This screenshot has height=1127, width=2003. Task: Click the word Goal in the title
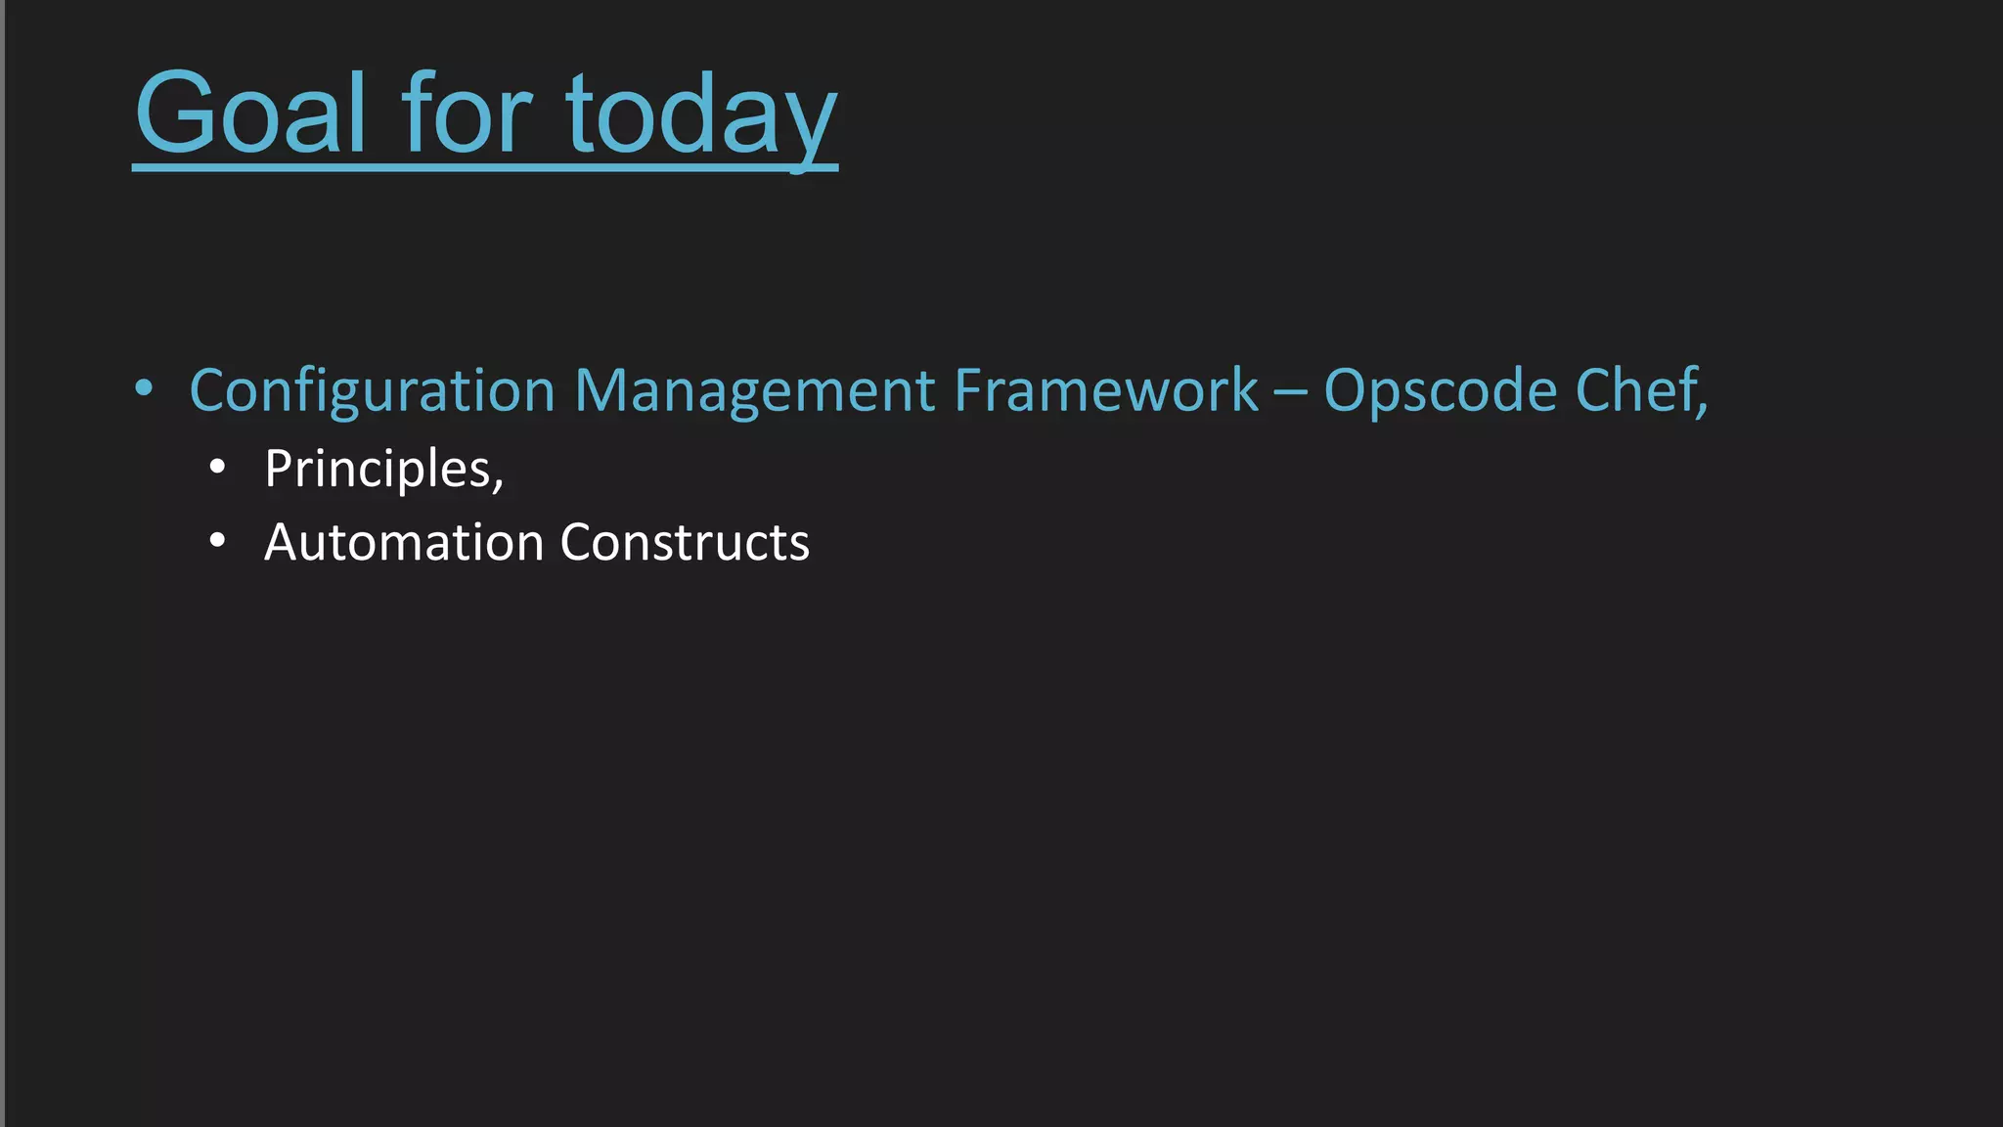[x=250, y=114]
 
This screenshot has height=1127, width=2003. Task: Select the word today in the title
[x=700, y=114]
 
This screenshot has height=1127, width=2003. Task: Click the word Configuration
[x=372, y=391]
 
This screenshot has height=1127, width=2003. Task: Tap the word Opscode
[x=1440, y=391]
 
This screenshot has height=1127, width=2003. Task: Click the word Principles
[x=378, y=470]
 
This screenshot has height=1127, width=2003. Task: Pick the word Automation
[x=403, y=542]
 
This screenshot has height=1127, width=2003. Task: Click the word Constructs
[x=685, y=542]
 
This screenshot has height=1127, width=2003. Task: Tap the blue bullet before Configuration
[x=144, y=388]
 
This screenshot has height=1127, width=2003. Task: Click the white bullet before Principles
[x=217, y=468]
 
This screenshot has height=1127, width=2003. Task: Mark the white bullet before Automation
[x=217, y=540]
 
